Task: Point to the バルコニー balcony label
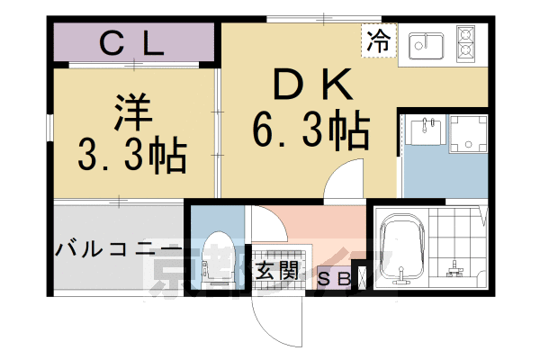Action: click(x=118, y=249)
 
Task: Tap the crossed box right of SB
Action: click(x=364, y=276)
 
